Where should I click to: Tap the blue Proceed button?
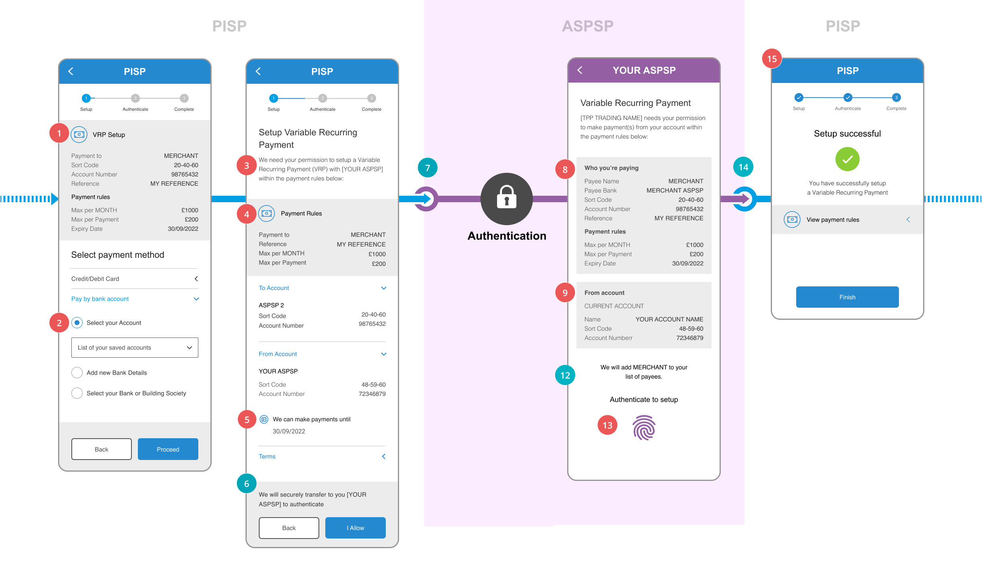168,449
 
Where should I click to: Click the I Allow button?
355,528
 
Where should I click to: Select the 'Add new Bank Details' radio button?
77,373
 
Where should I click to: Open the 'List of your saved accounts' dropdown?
135,348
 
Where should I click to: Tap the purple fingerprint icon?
644,427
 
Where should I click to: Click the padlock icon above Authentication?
506,199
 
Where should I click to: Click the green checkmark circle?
847,159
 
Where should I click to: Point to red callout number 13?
608,425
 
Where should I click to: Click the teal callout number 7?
428,168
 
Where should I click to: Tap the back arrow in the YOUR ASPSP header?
580,70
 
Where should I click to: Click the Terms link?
267,456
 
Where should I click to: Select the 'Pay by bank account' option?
100,299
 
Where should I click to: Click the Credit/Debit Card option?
95,279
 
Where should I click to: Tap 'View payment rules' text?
833,220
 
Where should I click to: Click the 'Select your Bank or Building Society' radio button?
77,393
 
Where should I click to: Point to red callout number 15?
772,59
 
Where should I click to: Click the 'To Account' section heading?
274,288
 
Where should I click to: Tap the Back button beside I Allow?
289,528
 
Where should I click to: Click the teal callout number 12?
565,375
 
